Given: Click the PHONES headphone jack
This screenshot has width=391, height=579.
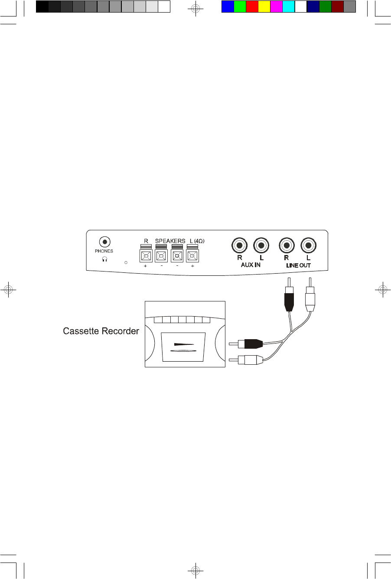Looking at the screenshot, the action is pyautogui.click(x=104, y=242).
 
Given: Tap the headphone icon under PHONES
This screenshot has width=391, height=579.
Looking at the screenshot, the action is pyautogui.click(x=104, y=259).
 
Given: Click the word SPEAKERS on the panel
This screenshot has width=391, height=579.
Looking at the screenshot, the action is pyautogui.click(x=170, y=241).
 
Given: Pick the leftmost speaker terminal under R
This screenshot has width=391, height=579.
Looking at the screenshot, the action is pyautogui.click(x=146, y=256).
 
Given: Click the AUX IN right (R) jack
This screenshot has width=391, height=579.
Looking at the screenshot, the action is pyautogui.click(x=239, y=246).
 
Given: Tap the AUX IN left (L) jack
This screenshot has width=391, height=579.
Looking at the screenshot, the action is pyautogui.click(x=261, y=246).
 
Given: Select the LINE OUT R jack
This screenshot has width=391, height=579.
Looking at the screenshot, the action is pyautogui.click(x=286, y=246).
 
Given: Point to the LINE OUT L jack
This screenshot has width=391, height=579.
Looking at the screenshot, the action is pyautogui.click(x=308, y=246).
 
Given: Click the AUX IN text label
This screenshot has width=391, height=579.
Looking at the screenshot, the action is pyautogui.click(x=251, y=265).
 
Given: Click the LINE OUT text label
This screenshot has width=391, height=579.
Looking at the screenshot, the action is pyautogui.click(x=298, y=265).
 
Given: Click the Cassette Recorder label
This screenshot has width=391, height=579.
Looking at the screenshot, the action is pyautogui.click(x=101, y=331).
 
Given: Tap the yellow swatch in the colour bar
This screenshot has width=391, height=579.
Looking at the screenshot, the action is pyautogui.click(x=264, y=7).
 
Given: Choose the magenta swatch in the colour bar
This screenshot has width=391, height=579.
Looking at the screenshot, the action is pyautogui.click(x=276, y=7).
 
